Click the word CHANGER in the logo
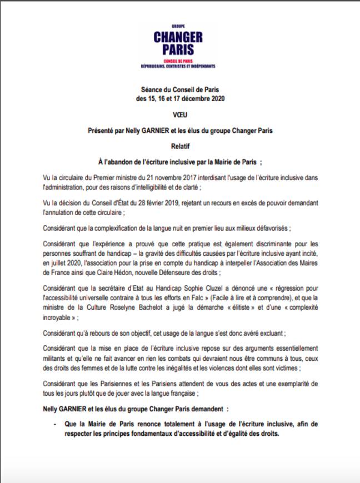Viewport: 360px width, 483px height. (x=178, y=37)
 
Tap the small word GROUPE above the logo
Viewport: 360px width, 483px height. (x=178, y=26)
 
